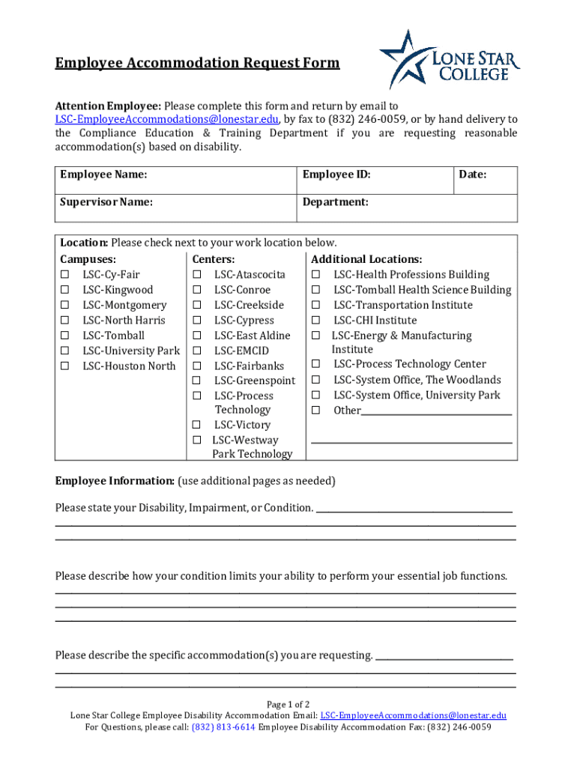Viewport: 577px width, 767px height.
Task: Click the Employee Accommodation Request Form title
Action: (197, 63)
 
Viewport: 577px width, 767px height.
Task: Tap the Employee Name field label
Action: (103, 175)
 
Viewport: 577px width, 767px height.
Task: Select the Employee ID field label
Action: (336, 175)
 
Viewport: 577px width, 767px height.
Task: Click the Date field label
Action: (473, 175)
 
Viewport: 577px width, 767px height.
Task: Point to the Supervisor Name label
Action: (106, 202)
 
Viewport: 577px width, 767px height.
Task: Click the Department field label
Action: (335, 202)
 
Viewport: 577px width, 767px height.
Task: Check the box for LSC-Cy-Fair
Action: (65, 275)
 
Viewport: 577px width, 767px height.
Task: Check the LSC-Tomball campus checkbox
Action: (65, 336)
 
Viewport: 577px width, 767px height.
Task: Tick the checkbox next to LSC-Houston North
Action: (65, 366)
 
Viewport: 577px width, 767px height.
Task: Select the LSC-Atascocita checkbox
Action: (197, 275)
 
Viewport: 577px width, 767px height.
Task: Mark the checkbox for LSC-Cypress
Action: (197, 321)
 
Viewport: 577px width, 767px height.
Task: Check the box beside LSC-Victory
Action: (197, 425)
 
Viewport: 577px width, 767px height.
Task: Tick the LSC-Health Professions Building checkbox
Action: (316, 275)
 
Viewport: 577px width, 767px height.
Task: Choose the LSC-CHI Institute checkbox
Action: (316, 321)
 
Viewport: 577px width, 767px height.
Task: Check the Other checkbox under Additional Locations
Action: (316, 410)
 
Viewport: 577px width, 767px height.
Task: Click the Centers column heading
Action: (214, 259)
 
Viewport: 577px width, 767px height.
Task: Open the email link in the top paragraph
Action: (167, 120)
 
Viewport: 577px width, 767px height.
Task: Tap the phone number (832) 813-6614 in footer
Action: (223, 727)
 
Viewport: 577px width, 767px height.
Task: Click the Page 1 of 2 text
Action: (288, 705)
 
